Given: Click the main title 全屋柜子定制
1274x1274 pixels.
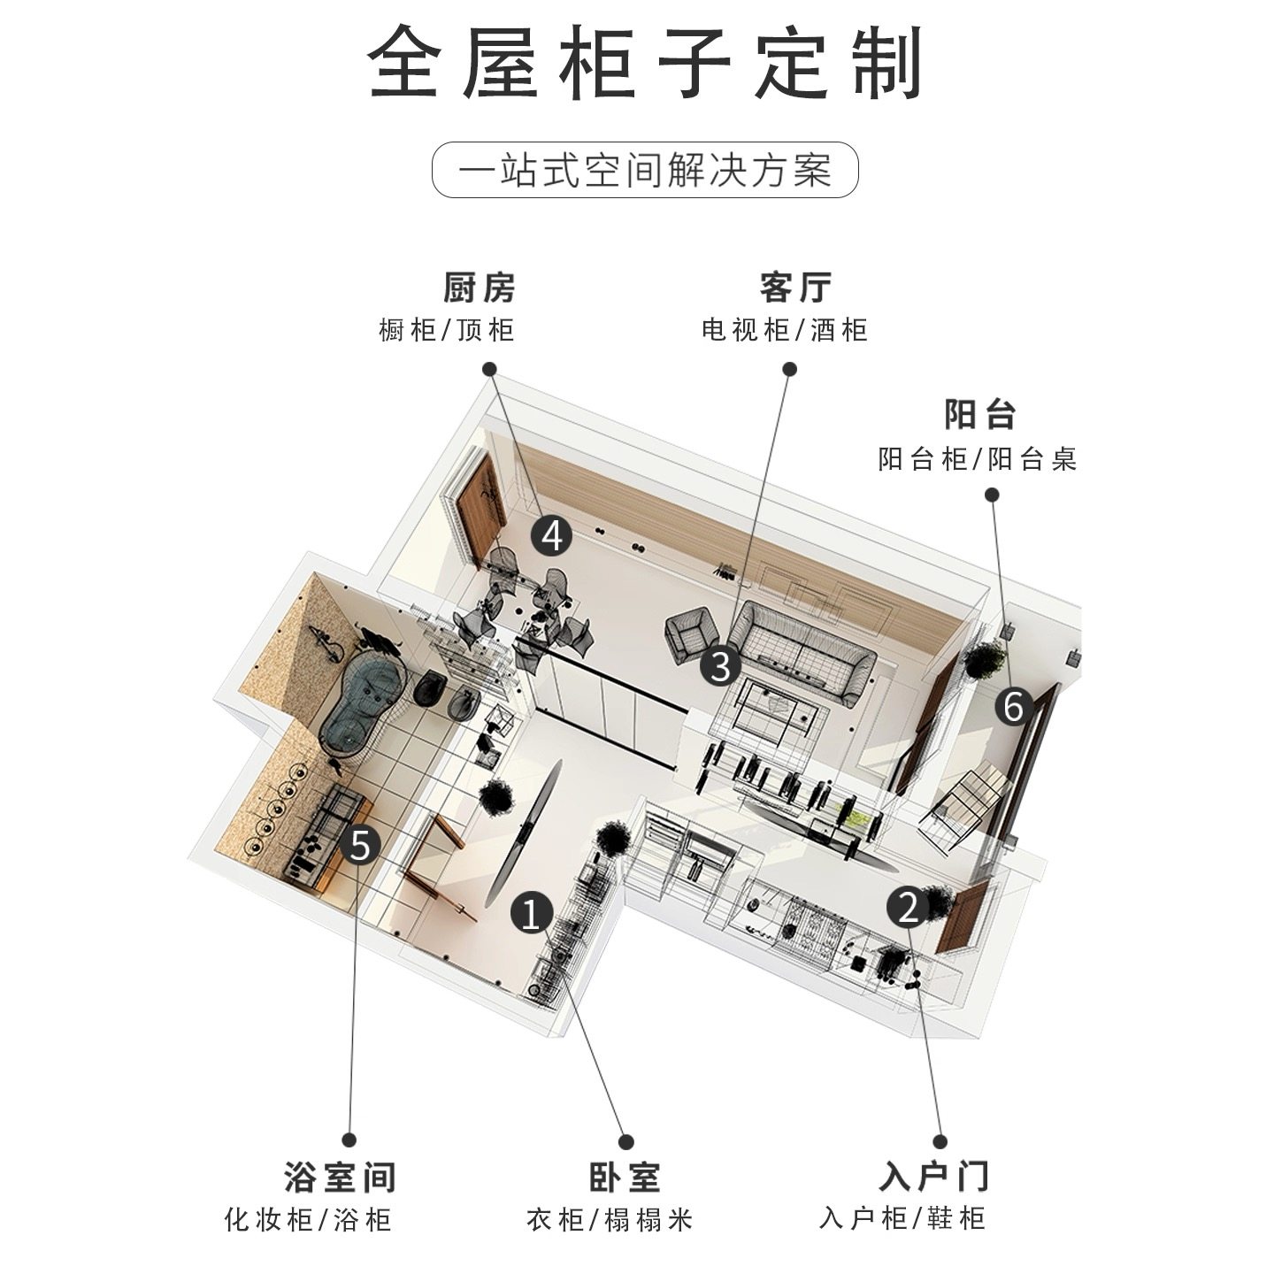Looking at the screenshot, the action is click(645, 63).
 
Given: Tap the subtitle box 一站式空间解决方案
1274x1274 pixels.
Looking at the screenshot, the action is click(645, 170).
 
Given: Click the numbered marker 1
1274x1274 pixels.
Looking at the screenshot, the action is click(531, 912).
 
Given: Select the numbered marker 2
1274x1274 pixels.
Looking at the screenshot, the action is click(908, 906).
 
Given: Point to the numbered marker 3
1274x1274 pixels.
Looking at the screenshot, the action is click(720, 665).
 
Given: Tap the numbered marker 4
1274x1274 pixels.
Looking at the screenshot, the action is click(552, 536).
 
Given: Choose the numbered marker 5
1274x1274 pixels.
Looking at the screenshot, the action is click(360, 845).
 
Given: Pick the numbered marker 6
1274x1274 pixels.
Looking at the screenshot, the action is click(1014, 706).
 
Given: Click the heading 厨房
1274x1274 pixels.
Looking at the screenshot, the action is click(479, 288).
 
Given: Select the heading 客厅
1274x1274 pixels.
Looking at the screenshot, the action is click(795, 288).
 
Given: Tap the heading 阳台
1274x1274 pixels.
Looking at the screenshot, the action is click(979, 415).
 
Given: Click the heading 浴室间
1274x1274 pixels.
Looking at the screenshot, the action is click(340, 1178).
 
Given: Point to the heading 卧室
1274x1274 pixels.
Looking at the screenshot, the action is click(625, 1178).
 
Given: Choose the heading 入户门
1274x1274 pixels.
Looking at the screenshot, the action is click(933, 1178).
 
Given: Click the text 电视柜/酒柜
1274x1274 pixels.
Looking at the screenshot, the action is click(785, 331).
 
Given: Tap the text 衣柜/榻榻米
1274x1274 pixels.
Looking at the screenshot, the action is click(610, 1221).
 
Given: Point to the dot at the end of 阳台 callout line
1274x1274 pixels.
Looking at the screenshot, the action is click(992, 495).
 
